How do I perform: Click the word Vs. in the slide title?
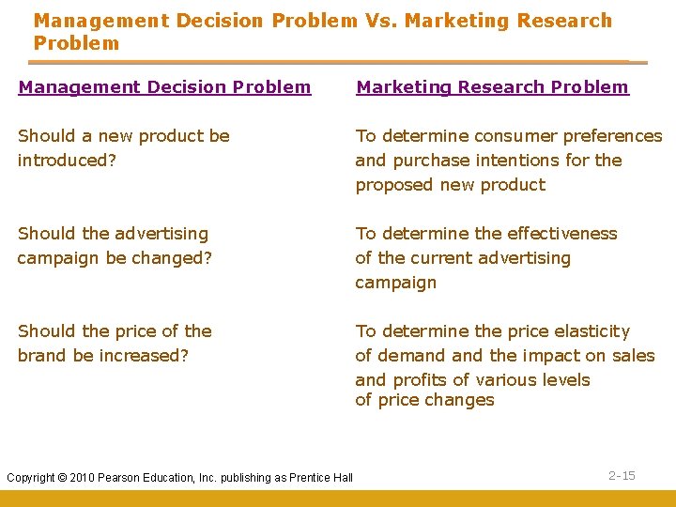(381, 21)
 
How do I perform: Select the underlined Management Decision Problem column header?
(164, 87)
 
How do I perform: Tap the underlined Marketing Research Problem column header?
(492, 87)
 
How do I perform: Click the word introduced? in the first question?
(67, 161)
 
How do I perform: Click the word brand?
(42, 356)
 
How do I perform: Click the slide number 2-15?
(622, 476)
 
